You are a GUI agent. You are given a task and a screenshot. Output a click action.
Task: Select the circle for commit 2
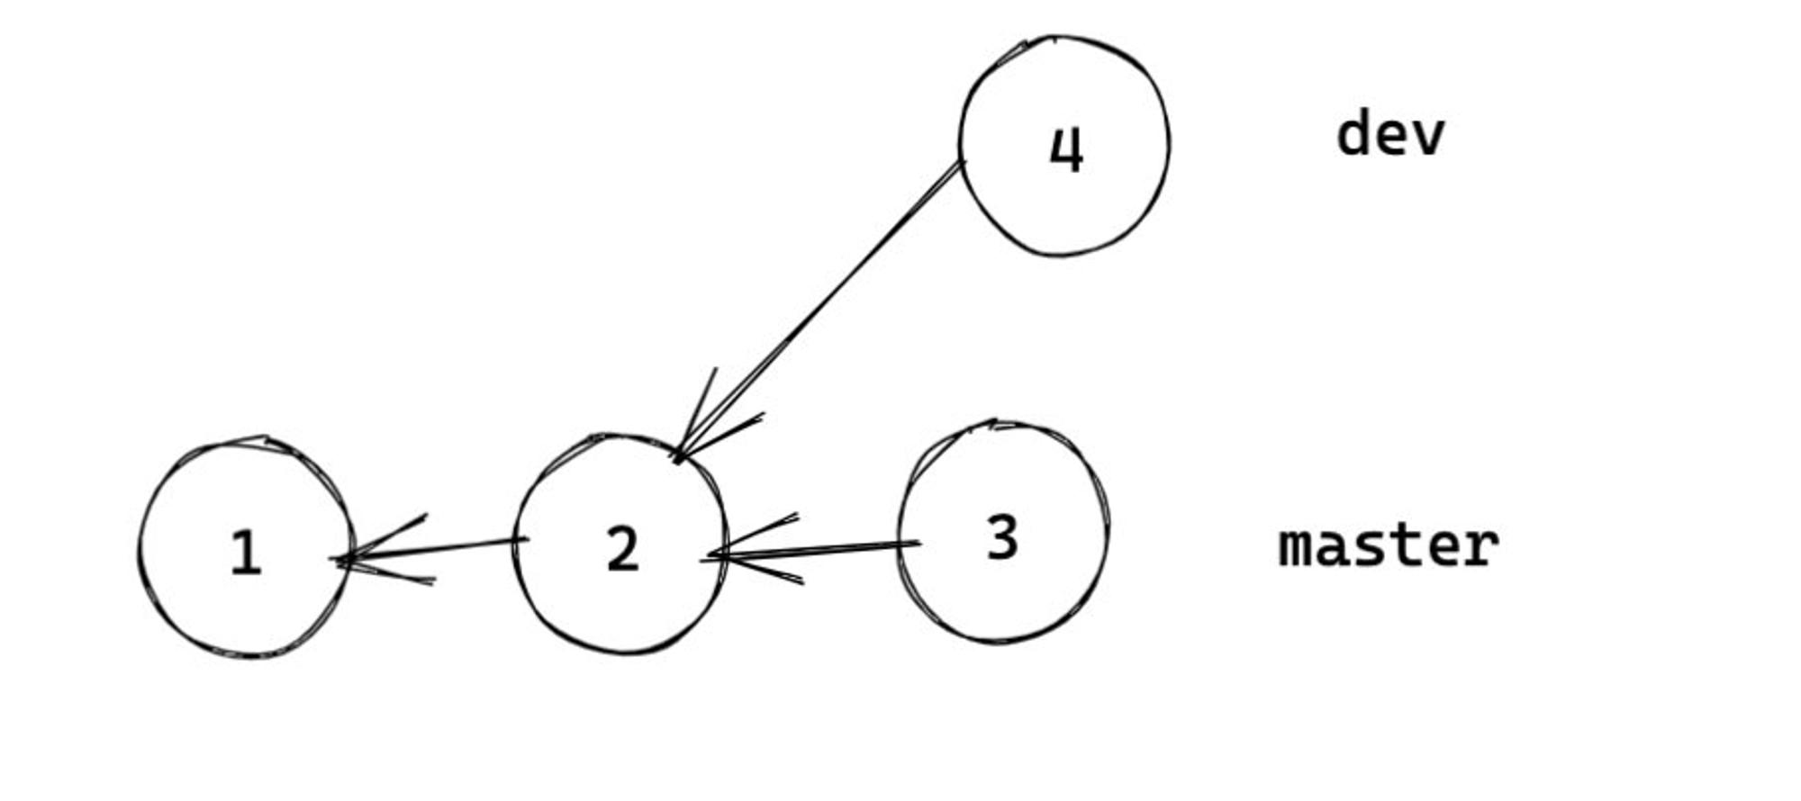pos(514,544)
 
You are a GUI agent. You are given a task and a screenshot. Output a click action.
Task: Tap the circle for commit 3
pos(899,531)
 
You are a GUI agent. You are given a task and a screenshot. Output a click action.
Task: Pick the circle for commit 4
pos(961,144)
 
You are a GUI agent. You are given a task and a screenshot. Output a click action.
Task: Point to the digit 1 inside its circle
pos(246,553)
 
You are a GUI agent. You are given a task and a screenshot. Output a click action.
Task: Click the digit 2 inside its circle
pos(623,549)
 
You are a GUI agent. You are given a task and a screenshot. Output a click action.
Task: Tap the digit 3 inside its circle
pos(1002,538)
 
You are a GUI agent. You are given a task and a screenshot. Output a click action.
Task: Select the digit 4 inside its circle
pos(1067,149)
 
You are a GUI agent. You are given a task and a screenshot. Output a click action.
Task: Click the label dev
pos(1390,134)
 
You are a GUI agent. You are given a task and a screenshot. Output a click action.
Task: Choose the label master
pos(1389,545)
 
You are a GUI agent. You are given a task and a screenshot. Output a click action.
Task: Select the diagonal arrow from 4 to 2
pos(818,310)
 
